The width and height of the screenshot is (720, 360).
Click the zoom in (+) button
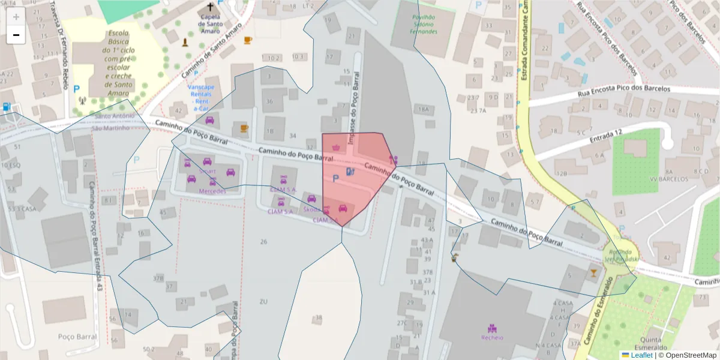coord(16,17)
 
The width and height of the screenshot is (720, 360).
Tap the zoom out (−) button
coord(16,35)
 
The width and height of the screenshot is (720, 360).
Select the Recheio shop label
coord(492,337)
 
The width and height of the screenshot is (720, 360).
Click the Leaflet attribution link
coord(641,355)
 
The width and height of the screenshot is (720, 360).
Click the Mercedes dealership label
coord(212,191)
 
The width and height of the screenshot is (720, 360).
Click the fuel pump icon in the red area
coord(350,172)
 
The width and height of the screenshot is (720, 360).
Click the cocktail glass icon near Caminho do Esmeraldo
coord(593,273)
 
